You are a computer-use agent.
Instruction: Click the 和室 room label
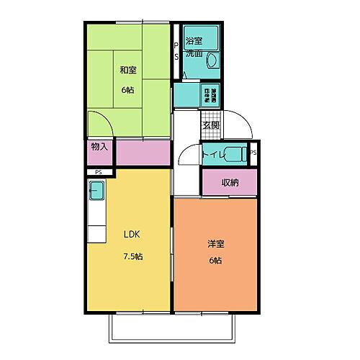(129, 70)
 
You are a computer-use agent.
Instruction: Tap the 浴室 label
(194, 40)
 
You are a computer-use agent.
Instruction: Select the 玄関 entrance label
(210, 126)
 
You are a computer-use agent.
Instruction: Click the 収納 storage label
(230, 182)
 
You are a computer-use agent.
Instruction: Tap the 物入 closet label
(99, 147)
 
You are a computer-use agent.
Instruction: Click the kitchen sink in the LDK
(97, 192)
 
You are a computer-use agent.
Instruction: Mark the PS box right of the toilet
(253, 153)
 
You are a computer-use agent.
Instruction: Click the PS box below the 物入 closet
(98, 172)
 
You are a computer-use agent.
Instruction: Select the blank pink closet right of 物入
(143, 153)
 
